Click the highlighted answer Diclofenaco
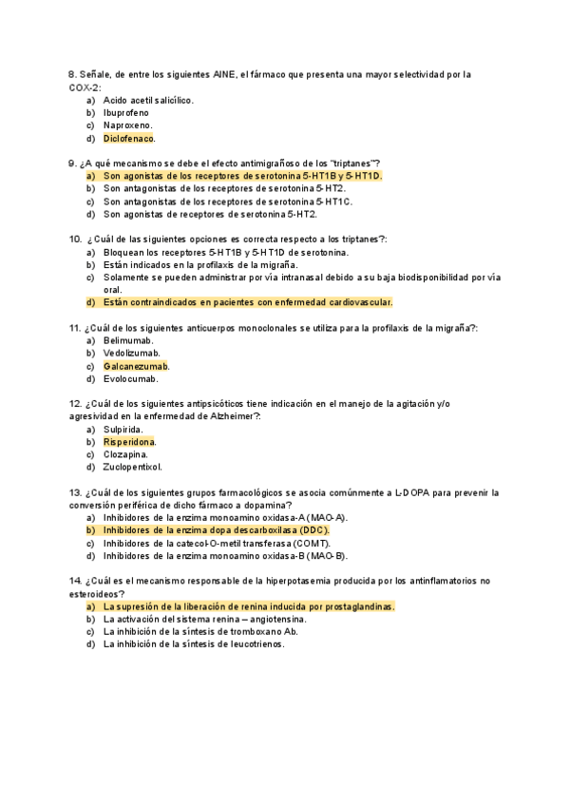[x=128, y=138]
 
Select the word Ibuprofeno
[x=126, y=112]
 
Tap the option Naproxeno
[x=127, y=125]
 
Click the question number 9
[x=72, y=163]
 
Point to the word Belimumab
[x=128, y=340]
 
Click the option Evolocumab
[x=131, y=378]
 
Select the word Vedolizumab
[x=131, y=353]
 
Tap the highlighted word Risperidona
[x=129, y=442]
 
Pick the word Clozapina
[x=127, y=454]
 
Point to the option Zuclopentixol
[x=133, y=467]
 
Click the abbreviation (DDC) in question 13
[x=313, y=529]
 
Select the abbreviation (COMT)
[x=310, y=543]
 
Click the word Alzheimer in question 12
[x=233, y=416]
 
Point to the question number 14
[x=75, y=581]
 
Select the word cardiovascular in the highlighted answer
[x=360, y=302]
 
